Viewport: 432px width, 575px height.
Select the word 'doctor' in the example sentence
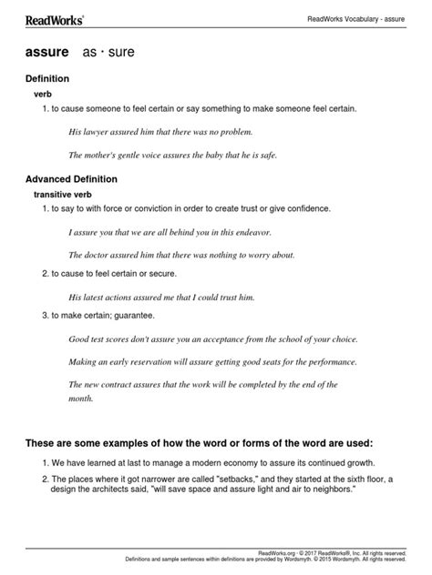(101, 254)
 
